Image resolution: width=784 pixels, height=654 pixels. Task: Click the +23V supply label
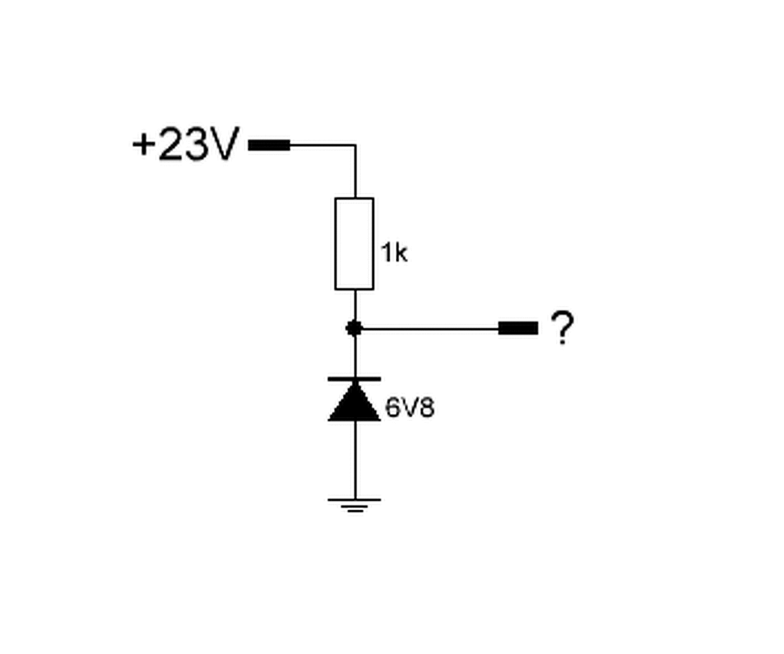click(x=185, y=144)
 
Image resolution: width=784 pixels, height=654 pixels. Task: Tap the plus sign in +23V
click(x=144, y=144)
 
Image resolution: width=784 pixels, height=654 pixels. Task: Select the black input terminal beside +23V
click(x=269, y=145)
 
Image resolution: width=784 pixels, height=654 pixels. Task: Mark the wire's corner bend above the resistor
click(x=355, y=146)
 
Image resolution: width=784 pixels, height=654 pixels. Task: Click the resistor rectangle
click(x=354, y=243)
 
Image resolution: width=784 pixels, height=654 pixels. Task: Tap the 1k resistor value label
click(x=394, y=253)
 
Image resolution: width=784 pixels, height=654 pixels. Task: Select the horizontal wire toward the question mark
click(x=428, y=328)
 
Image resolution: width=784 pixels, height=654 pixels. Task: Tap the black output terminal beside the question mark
click(x=518, y=328)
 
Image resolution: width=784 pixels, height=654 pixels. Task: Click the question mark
click(x=562, y=328)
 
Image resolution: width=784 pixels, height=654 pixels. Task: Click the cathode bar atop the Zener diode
click(x=354, y=379)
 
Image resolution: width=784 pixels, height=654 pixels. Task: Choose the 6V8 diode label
click(x=410, y=407)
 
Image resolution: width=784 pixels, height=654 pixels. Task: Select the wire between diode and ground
click(x=355, y=460)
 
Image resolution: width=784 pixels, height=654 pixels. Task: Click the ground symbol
click(x=354, y=505)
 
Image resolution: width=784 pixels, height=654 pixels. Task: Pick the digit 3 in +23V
click(x=195, y=144)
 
